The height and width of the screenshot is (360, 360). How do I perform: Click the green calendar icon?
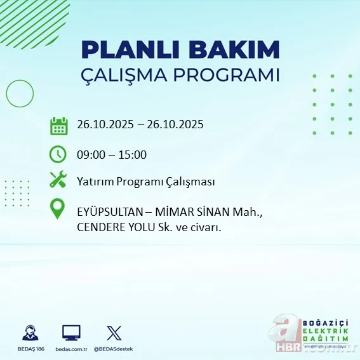tap(59, 125)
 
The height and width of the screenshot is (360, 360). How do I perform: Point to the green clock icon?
tap(58, 154)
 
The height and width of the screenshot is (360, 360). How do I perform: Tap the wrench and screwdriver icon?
tap(58, 180)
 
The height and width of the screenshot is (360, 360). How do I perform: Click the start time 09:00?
tap(91, 154)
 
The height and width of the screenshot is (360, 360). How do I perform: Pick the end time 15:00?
tap(132, 154)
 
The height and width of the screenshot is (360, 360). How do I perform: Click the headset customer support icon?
tap(29, 333)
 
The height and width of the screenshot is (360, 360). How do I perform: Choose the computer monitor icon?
tap(71, 333)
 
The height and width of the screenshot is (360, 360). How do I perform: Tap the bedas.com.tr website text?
tap(71, 349)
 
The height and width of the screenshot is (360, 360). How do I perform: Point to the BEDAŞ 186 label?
tap(29, 349)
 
